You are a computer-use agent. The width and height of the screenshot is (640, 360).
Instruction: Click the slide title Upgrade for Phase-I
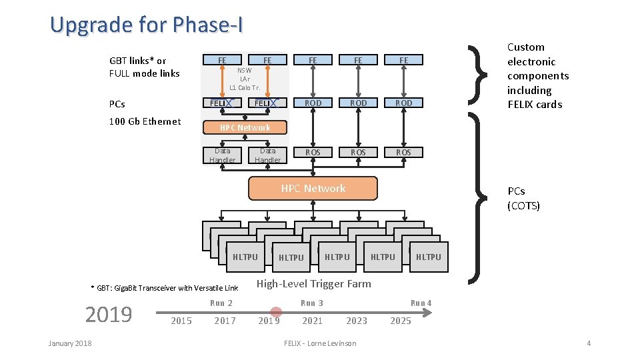(147, 25)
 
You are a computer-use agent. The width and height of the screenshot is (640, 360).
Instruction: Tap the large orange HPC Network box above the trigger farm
(313, 189)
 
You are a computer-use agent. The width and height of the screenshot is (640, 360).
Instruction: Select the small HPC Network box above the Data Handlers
(245, 127)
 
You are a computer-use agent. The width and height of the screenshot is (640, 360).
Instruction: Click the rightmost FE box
(403, 60)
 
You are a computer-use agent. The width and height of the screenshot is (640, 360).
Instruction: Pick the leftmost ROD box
(313, 103)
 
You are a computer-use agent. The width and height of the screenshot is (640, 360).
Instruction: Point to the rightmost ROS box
(403, 152)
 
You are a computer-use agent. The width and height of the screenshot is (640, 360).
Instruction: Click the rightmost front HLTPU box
(428, 257)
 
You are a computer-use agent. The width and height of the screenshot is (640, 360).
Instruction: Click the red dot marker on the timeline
(275, 311)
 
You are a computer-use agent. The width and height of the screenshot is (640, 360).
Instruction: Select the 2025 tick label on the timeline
(400, 321)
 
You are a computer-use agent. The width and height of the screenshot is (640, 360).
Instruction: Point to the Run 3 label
(312, 303)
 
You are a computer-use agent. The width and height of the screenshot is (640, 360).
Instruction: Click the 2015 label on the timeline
(181, 321)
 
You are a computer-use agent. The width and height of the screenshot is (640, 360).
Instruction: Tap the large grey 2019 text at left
(109, 314)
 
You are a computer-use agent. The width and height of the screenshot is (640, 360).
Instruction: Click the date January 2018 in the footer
(70, 343)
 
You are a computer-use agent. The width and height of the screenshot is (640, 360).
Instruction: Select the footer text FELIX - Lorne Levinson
(320, 343)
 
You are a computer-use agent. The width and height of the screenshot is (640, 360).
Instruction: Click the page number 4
(589, 343)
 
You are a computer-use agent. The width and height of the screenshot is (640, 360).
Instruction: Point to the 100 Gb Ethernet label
(145, 121)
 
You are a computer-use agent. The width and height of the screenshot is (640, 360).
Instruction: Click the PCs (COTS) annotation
(523, 199)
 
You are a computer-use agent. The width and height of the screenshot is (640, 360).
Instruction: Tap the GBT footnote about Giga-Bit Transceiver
(164, 288)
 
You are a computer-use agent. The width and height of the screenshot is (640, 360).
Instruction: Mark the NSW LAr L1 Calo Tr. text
(245, 79)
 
